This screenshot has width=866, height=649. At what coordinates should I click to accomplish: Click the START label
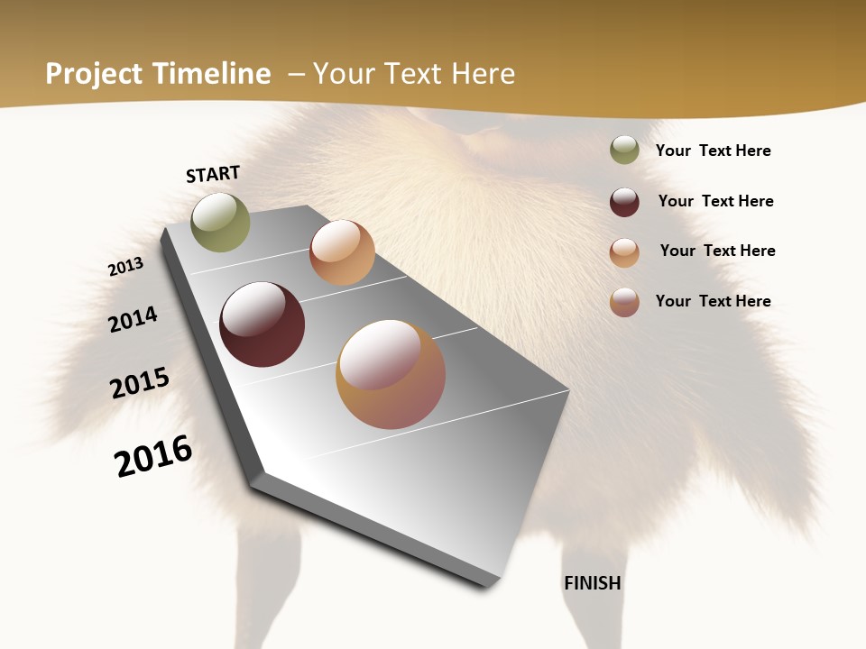[x=213, y=173]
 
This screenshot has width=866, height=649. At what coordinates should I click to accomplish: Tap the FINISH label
[x=593, y=583]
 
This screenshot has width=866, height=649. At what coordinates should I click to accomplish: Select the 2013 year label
[x=125, y=267]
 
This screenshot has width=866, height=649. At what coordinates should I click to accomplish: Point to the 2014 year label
[x=133, y=319]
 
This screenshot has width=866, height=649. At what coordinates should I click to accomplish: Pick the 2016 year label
[x=153, y=455]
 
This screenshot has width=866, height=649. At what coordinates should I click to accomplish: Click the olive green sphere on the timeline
[x=220, y=223]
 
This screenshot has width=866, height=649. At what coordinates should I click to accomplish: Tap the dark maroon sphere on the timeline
[x=263, y=324]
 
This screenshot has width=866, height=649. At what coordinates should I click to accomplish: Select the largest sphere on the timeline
[x=391, y=374]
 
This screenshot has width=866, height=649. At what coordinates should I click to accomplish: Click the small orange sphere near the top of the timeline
[x=342, y=252]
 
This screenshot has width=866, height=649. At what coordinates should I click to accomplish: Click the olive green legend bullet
[x=624, y=151]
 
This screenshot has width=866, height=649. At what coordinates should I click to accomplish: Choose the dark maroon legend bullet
[x=624, y=202]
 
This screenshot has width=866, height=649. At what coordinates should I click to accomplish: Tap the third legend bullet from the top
[x=624, y=252]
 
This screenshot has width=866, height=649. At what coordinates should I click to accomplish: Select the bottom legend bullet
[x=624, y=302]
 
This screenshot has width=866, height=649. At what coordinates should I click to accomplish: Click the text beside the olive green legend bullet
[x=713, y=151]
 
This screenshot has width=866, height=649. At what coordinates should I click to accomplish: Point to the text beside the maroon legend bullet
[x=715, y=201]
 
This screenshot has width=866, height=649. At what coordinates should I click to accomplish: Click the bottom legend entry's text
[x=713, y=301]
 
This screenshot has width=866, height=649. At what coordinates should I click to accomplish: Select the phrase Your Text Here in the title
[x=414, y=74]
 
